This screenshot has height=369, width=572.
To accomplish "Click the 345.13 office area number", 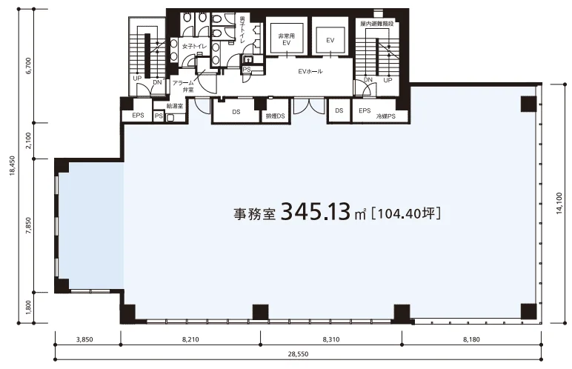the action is pyautogui.click(x=316, y=212).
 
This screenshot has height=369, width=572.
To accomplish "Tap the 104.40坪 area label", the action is pyautogui.click(x=405, y=213).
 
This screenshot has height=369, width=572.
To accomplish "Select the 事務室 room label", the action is pyautogui.click(x=254, y=214).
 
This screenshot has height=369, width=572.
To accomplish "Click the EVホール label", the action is pyautogui.click(x=310, y=72).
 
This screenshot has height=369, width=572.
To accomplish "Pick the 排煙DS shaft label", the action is pyautogui.click(x=275, y=116).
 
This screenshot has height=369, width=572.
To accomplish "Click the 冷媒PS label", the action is pyautogui.click(x=386, y=117).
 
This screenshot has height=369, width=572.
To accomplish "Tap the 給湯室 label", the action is pyautogui.click(x=174, y=106).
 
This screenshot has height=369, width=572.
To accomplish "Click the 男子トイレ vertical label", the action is pyautogui.click(x=242, y=30).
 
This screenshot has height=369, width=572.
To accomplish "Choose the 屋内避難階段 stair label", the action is pyautogui.click(x=377, y=24).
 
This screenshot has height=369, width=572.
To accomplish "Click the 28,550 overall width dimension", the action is pyautogui.click(x=298, y=354).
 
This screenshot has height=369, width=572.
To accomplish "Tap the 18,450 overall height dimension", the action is pyautogui.click(x=13, y=166).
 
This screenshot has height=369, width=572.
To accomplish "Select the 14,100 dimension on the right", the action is pyautogui.click(x=559, y=203).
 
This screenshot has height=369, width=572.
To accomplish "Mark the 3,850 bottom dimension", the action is pyautogui.click(x=84, y=339).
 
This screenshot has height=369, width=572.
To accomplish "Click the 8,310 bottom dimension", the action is pyautogui.click(x=331, y=339).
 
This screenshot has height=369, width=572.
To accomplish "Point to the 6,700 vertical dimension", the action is pyautogui.click(x=29, y=66).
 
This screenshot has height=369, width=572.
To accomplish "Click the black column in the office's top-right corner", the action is pyautogui.click(x=529, y=104).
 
